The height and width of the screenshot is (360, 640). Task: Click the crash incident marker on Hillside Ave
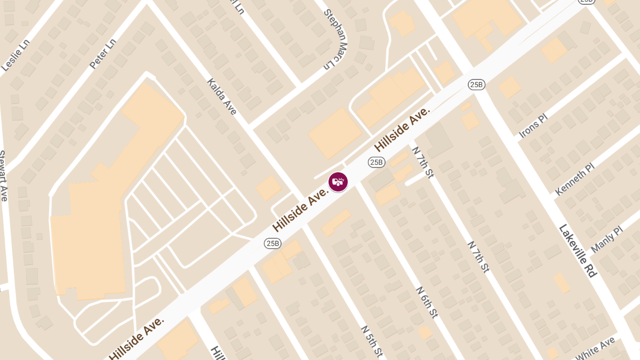pos(338,182)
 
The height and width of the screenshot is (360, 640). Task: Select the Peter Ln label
pos(102,53)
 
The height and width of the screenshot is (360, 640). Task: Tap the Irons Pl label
pos(533,126)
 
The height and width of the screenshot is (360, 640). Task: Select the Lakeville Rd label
pos(577,250)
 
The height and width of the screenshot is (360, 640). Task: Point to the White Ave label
pos(595,348)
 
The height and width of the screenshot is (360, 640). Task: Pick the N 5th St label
pos(372,341)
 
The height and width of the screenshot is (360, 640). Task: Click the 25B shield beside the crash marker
pos(377,162)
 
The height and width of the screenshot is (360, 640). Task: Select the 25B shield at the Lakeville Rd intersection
pos(476,84)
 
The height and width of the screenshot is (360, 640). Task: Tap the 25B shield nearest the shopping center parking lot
pos(273,243)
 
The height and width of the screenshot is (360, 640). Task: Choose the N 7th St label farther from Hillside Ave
pos(478,257)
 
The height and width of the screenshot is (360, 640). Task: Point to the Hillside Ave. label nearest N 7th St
pos(402,129)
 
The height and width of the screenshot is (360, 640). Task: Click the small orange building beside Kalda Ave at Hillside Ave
pos(268,188)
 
